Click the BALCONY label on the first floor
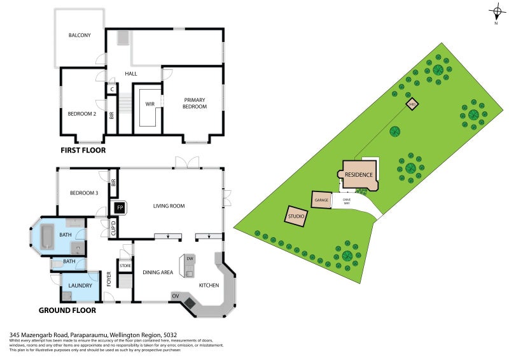pyautogui.click(x=80, y=36)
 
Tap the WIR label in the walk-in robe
pyautogui.click(x=150, y=104)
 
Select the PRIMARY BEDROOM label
pyautogui.click(x=195, y=103)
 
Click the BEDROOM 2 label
pyautogui.click(x=82, y=114)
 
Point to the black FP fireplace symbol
pyautogui.click(x=119, y=207)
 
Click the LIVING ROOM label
pyautogui.click(x=169, y=206)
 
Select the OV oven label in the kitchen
pyautogui.click(x=176, y=296)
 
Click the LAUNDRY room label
pyautogui.click(x=81, y=286)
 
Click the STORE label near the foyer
pyautogui.click(x=125, y=266)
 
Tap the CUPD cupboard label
pyautogui.click(x=113, y=227)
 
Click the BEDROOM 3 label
pyautogui.click(x=84, y=193)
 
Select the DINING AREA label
pyautogui.click(x=158, y=273)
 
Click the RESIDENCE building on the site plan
pyautogui.click(x=359, y=175)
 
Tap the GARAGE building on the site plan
pyautogui.click(x=321, y=200)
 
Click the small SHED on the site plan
pyautogui.click(x=412, y=104)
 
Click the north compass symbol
pyautogui.click(x=496, y=11)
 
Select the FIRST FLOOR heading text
pyautogui.click(x=83, y=151)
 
